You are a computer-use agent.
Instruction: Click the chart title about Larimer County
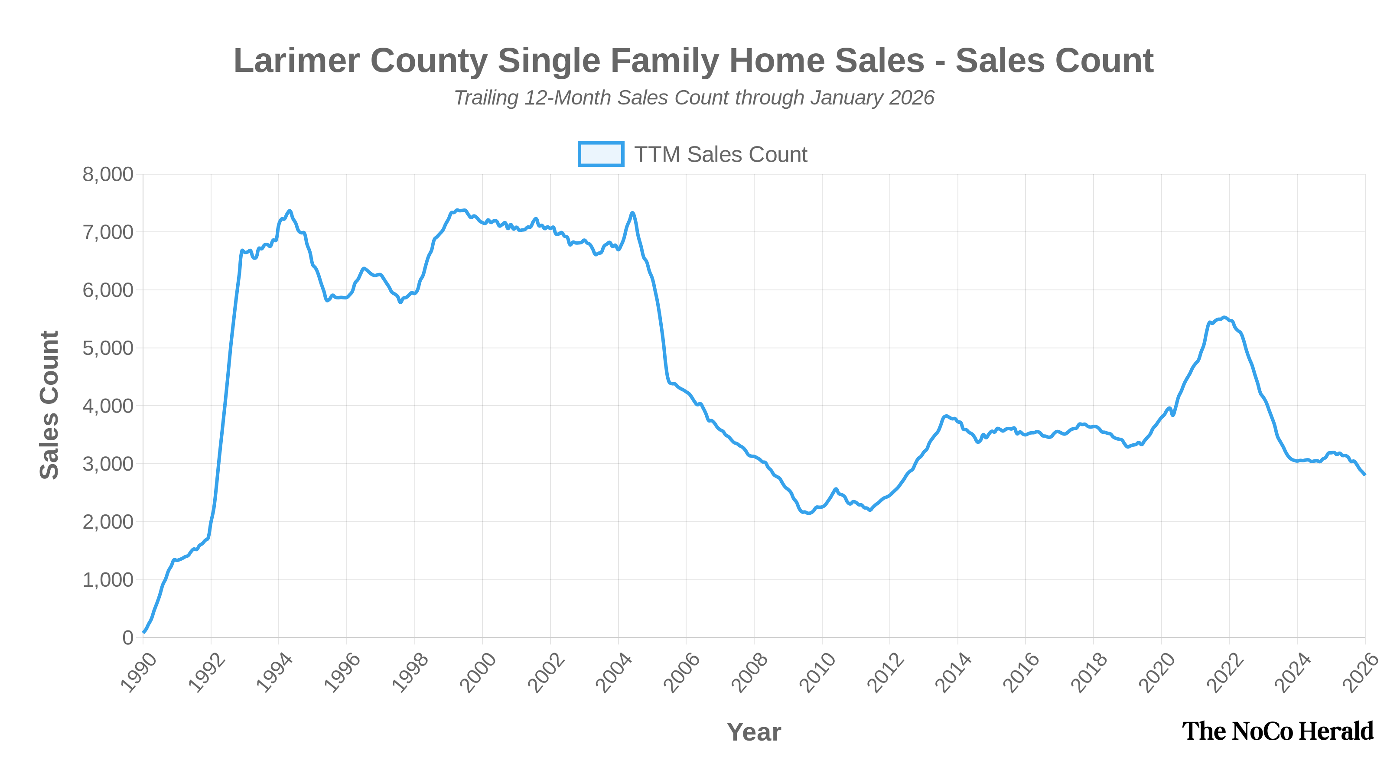(x=693, y=60)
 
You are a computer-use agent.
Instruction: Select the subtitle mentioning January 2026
(x=693, y=98)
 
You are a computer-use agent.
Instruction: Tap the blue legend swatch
(x=600, y=154)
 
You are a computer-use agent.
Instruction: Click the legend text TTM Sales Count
(x=720, y=155)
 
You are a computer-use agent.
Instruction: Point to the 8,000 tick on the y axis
(x=107, y=174)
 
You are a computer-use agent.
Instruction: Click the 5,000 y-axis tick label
(x=107, y=348)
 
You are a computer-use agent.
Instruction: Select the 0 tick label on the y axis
(x=127, y=638)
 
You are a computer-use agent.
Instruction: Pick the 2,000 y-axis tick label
(x=107, y=522)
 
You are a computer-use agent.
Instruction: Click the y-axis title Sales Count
(x=49, y=405)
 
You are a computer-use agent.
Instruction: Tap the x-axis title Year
(x=753, y=732)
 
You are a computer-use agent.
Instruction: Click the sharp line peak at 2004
(x=632, y=213)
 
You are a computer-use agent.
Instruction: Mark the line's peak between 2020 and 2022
(x=1224, y=318)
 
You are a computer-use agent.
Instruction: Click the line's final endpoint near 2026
(x=1364, y=474)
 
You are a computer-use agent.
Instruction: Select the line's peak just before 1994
(x=290, y=211)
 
